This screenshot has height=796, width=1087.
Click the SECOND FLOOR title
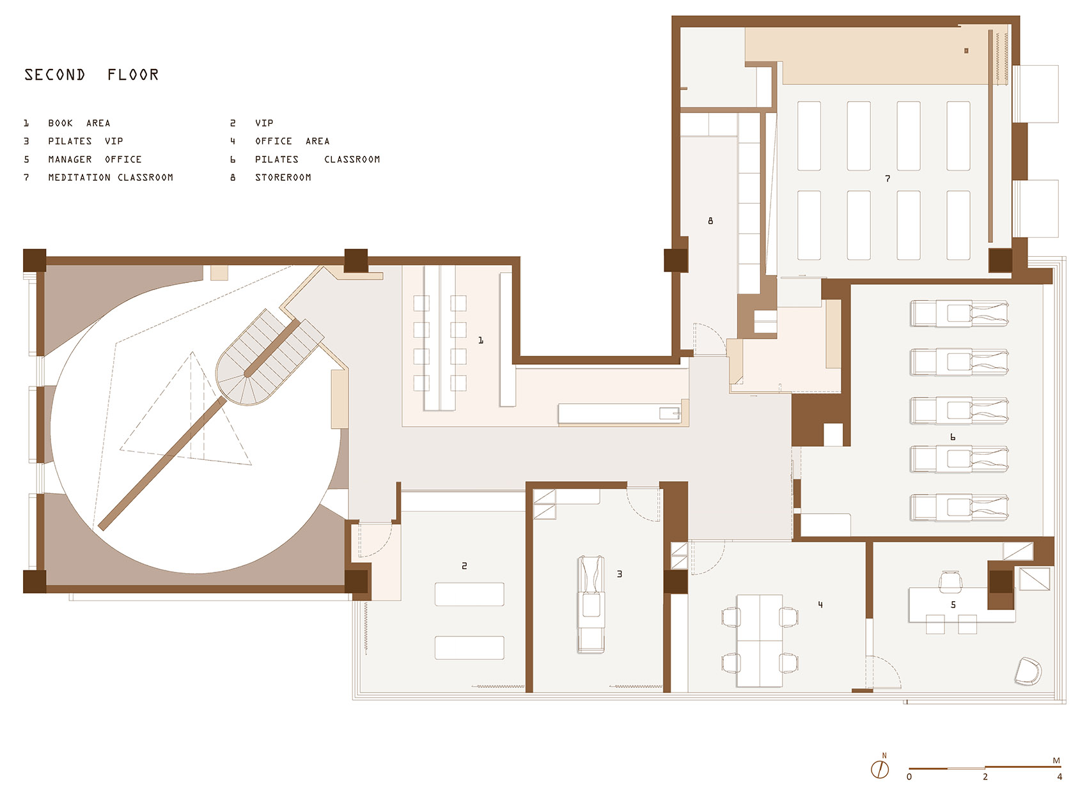coord(91,75)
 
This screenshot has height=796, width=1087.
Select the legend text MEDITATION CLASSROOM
coord(111,178)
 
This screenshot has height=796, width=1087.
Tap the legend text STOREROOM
coord(283,178)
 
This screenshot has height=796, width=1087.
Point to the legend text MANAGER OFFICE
coord(95,160)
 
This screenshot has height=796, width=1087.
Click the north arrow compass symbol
coord(880,769)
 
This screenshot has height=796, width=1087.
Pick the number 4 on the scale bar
coord(1059,777)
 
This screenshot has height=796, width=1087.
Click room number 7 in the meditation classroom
coord(888,179)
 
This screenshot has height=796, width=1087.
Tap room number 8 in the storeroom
coord(710,221)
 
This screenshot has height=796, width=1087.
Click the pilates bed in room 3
coord(591,604)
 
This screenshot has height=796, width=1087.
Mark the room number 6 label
coord(953,438)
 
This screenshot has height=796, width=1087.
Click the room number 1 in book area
coord(481,341)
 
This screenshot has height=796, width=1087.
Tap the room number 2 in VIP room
coord(464,566)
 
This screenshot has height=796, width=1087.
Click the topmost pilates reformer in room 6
coord(959,313)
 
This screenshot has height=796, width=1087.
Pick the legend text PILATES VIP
coord(85,141)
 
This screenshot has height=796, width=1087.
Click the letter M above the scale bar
coord(1056,761)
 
